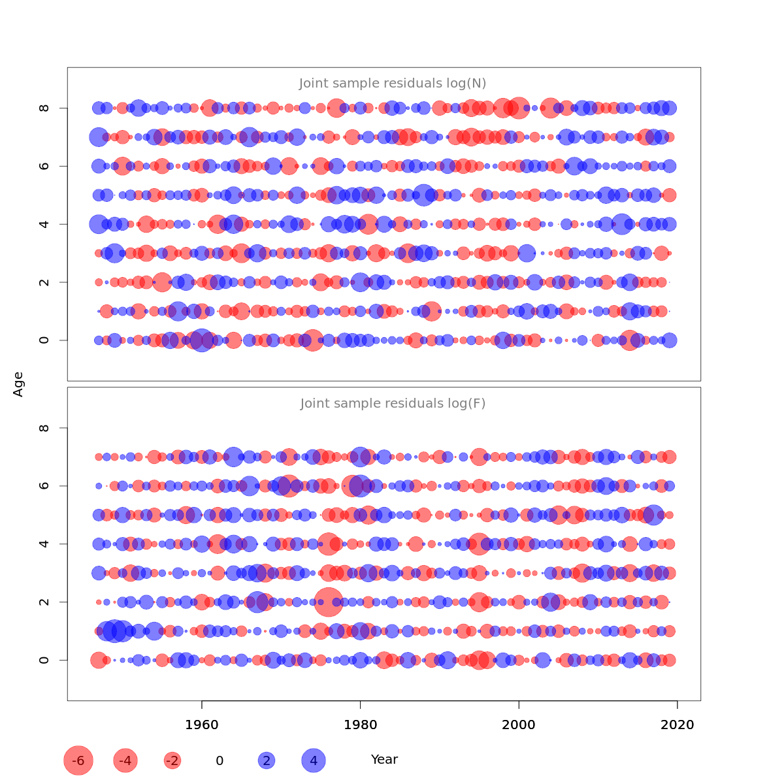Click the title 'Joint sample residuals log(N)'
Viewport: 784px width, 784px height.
coord(393,84)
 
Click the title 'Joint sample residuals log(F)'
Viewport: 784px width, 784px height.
coord(393,404)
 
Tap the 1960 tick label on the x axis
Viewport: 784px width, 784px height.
coord(202,725)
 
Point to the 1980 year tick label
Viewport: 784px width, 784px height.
coord(361,725)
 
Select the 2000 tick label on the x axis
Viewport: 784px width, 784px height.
coord(519,725)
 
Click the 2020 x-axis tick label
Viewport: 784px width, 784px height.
coord(678,725)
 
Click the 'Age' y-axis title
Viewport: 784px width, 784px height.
coord(19,384)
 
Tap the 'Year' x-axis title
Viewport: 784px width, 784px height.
coord(384,760)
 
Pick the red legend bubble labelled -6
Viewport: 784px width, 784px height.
coord(78,760)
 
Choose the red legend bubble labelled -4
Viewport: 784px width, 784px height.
coord(125,760)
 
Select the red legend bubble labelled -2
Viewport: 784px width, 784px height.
coord(172,760)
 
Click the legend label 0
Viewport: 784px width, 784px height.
coord(220,761)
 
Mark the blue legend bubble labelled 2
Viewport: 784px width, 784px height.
coord(266,760)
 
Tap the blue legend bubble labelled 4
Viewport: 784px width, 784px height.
coord(314,760)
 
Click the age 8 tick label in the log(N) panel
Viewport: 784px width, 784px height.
coord(44,108)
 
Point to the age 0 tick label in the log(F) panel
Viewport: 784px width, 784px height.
coord(44,660)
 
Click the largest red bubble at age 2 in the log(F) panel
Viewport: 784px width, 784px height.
coord(329,602)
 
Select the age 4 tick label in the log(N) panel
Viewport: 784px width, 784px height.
coord(44,224)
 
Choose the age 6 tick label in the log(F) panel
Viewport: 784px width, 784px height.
coord(44,486)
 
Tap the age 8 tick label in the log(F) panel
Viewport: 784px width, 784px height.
coord(44,428)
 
